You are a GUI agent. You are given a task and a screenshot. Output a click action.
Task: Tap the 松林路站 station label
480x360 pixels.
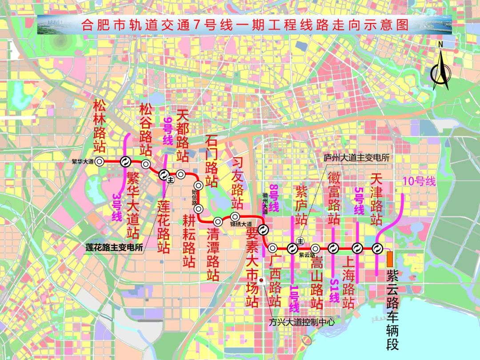coord(99,126)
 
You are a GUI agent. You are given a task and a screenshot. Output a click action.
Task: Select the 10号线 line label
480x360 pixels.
coord(420,181)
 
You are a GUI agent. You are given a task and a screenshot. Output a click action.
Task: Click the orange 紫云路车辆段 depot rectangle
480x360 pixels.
coord(390,258)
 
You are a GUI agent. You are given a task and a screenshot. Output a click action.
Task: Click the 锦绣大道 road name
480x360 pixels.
coord(240,224)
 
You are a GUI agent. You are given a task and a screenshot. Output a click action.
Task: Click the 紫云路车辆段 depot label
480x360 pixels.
coord(392,310)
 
